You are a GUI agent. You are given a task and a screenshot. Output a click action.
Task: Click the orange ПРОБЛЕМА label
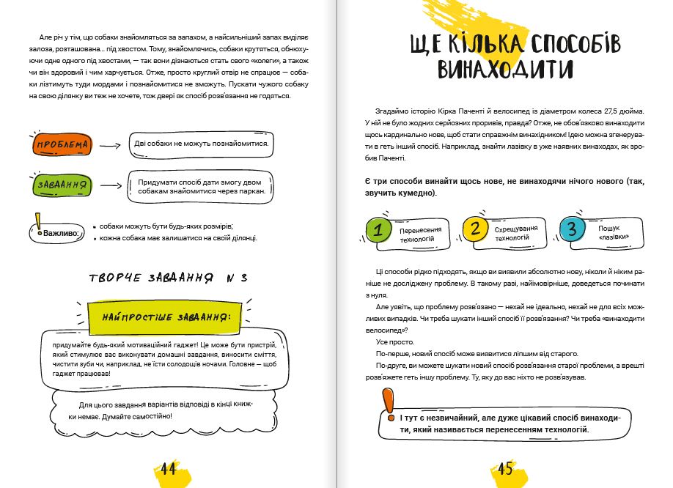tap(62, 145)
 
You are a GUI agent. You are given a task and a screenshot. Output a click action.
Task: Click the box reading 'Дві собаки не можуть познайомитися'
tap(201, 143)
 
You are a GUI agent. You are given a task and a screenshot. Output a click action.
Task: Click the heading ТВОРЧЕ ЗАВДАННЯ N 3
tap(168, 278)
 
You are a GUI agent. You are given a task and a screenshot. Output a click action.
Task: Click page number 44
tap(168, 470)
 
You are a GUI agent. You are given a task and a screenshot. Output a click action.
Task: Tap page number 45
tap(505, 470)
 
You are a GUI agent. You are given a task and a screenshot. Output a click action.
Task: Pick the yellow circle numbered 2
tap(475, 229)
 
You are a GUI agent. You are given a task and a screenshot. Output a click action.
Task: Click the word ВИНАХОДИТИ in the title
tap(505, 70)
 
